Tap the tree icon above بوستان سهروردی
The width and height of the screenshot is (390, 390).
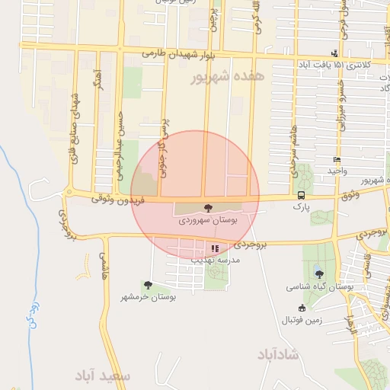(208, 206)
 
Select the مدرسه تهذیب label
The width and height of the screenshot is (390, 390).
(216, 260)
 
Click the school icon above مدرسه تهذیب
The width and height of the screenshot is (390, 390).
(216, 248)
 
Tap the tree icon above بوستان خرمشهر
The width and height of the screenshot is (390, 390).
(148, 285)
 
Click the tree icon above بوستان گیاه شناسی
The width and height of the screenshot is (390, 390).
(318, 274)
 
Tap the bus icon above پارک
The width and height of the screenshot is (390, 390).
(302, 195)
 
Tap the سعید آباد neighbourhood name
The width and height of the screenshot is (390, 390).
(104, 376)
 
